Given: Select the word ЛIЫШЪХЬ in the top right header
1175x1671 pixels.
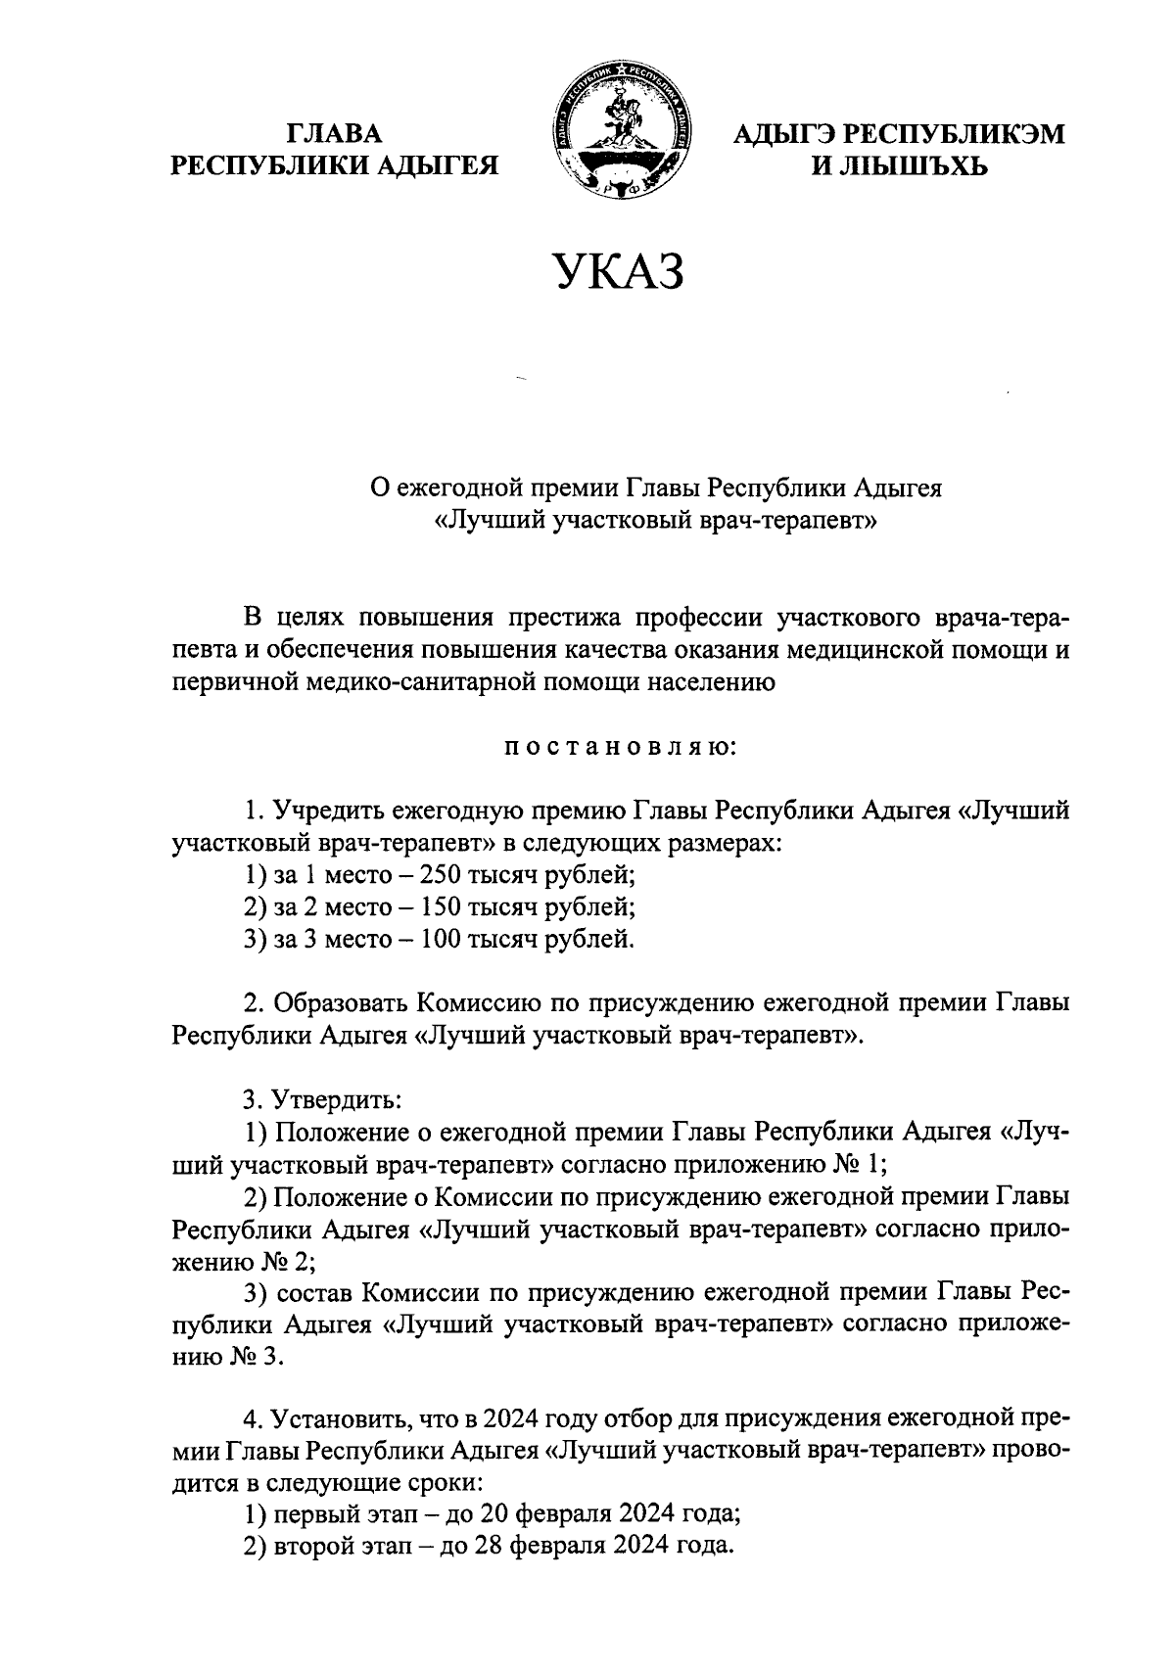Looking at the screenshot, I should pyautogui.click(x=912, y=166).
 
